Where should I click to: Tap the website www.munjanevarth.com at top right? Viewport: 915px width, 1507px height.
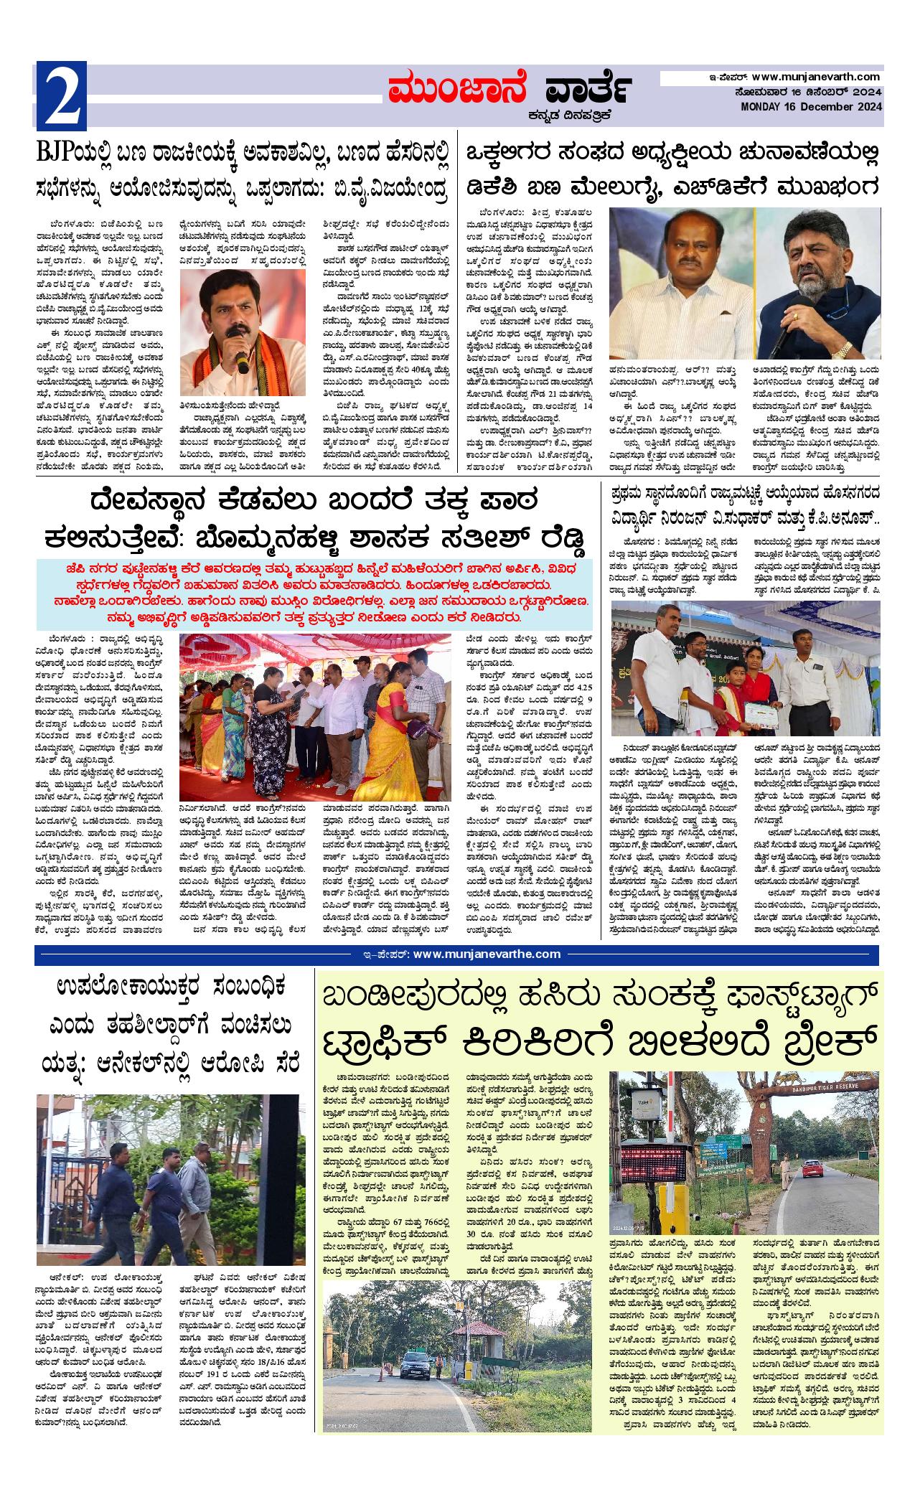816,77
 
